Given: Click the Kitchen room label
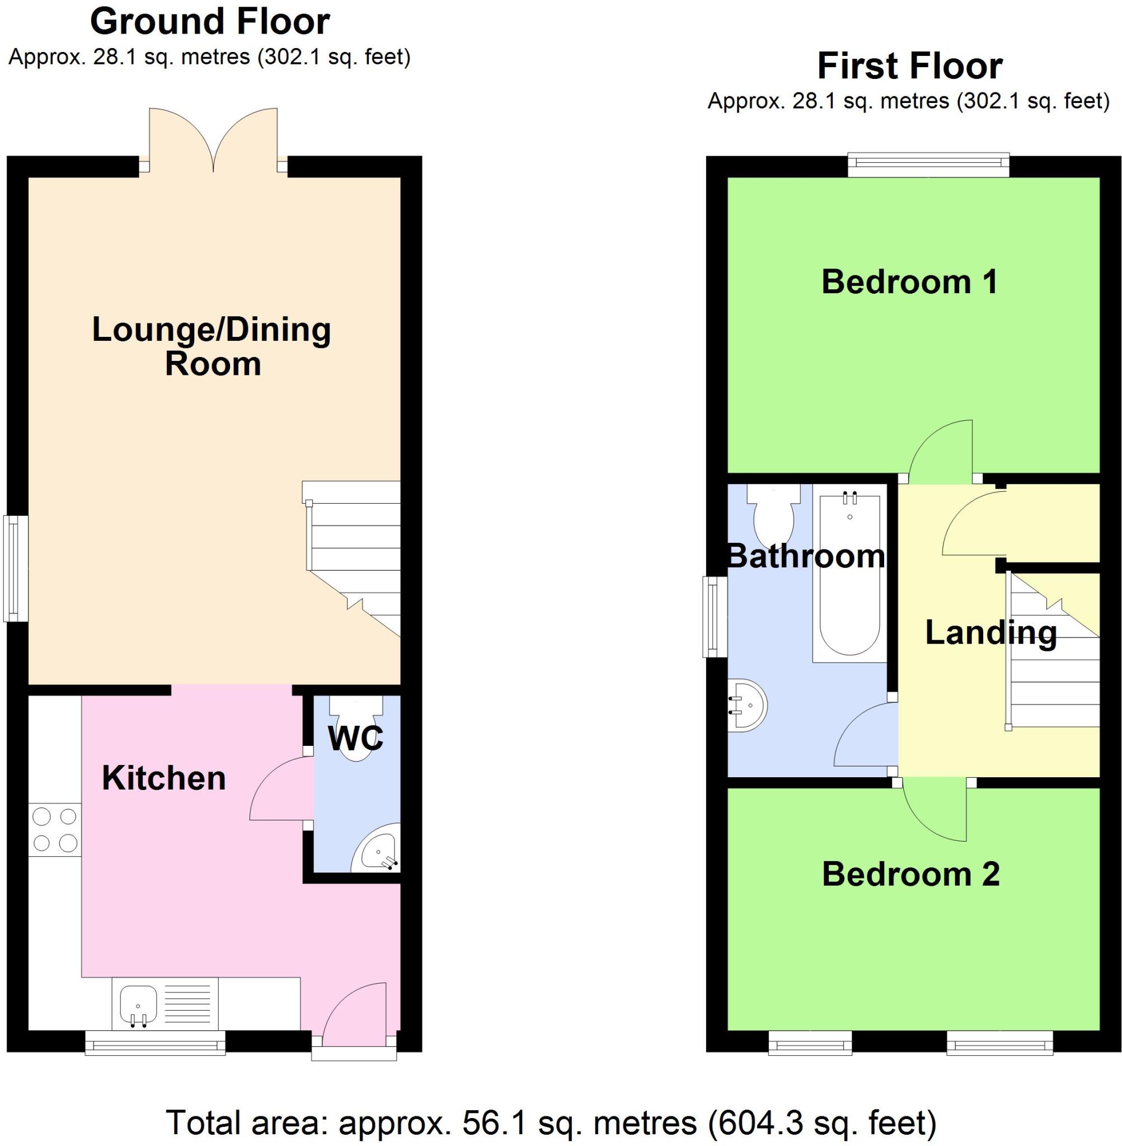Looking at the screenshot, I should (x=164, y=778).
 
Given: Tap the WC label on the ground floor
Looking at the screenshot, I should (x=355, y=738).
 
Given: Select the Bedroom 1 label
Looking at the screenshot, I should (x=909, y=281).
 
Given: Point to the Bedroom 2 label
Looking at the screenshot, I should (x=910, y=874).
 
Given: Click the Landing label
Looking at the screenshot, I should (x=990, y=633).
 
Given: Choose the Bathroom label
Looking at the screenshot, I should (x=806, y=556).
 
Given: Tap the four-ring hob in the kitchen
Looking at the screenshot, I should (x=54, y=830).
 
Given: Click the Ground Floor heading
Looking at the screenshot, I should (x=209, y=22).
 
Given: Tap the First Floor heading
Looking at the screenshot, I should (x=909, y=66).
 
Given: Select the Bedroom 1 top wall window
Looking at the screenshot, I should (x=928, y=165).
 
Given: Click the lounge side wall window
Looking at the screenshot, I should (x=16, y=569).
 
